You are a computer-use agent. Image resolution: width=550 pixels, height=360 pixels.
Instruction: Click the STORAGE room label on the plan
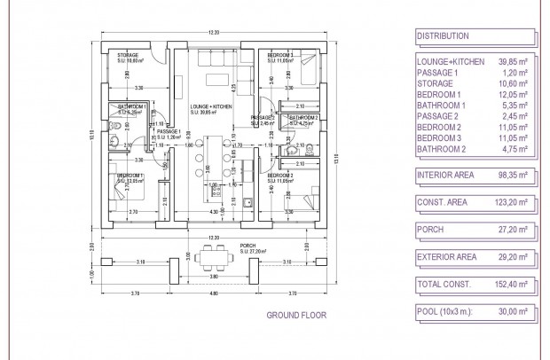pyautogui.click(x=128, y=55)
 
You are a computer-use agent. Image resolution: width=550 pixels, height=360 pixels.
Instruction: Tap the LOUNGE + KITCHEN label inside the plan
pyautogui.click(x=210, y=106)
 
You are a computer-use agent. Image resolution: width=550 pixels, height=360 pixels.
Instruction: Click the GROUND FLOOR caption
pyautogui.click(x=296, y=315)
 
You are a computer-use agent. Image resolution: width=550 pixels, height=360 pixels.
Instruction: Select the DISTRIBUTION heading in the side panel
pyautogui.click(x=443, y=36)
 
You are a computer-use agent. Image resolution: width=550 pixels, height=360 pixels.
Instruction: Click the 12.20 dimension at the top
pyautogui.click(x=213, y=33)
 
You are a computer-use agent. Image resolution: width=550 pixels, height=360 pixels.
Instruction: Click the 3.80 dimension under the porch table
pyautogui.click(x=213, y=275)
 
